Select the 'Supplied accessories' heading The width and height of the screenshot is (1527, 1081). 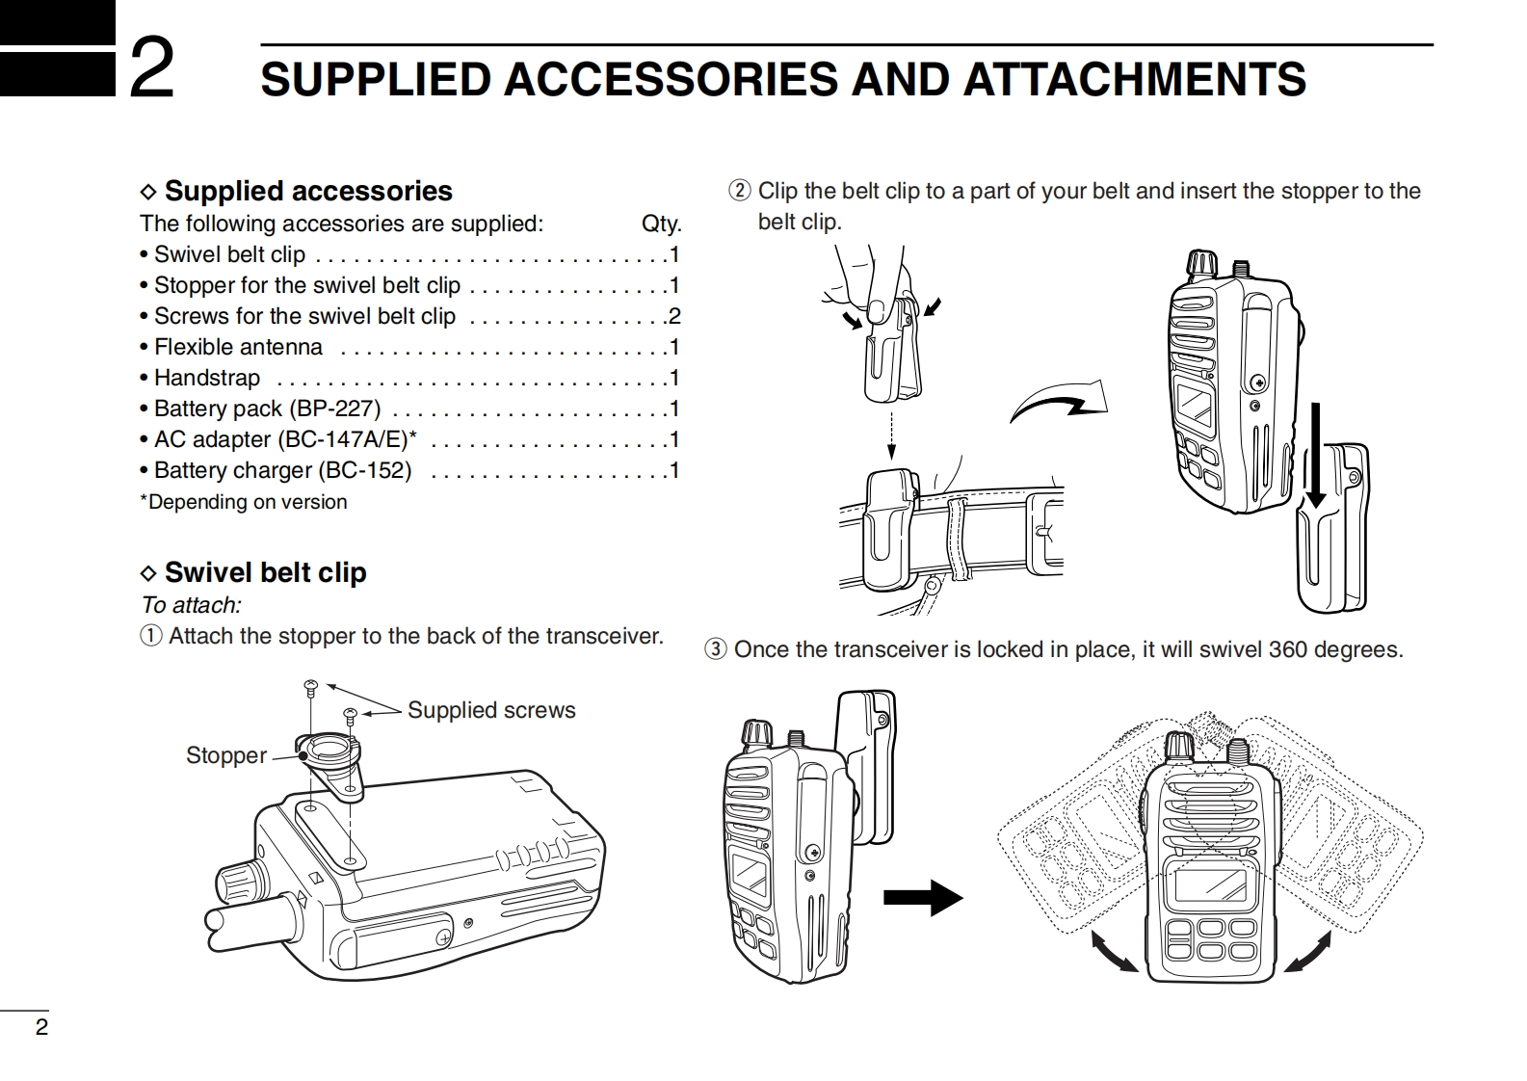(x=307, y=191)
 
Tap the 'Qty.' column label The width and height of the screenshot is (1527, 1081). (x=661, y=224)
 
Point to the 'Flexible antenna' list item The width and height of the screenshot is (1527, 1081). (x=238, y=347)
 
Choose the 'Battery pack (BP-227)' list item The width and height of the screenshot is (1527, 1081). (x=267, y=409)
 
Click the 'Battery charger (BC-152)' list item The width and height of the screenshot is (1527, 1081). (x=282, y=470)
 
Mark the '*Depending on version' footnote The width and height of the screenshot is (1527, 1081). (x=244, y=502)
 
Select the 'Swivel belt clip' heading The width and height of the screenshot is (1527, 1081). (x=265, y=572)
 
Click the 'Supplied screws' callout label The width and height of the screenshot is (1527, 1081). (x=491, y=710)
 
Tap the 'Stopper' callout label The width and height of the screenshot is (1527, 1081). (x=226, y=755)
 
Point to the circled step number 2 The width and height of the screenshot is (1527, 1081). (x=739, y=191)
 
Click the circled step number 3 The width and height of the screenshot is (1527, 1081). (x=715, y=649)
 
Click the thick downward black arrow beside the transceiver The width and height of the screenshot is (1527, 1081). (x=1316, y=453)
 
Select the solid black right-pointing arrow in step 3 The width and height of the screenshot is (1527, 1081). (x=922, y=898)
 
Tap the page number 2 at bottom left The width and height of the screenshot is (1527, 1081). (x=41, y=1027)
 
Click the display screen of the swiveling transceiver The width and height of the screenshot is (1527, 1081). (x=1209, y=888)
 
